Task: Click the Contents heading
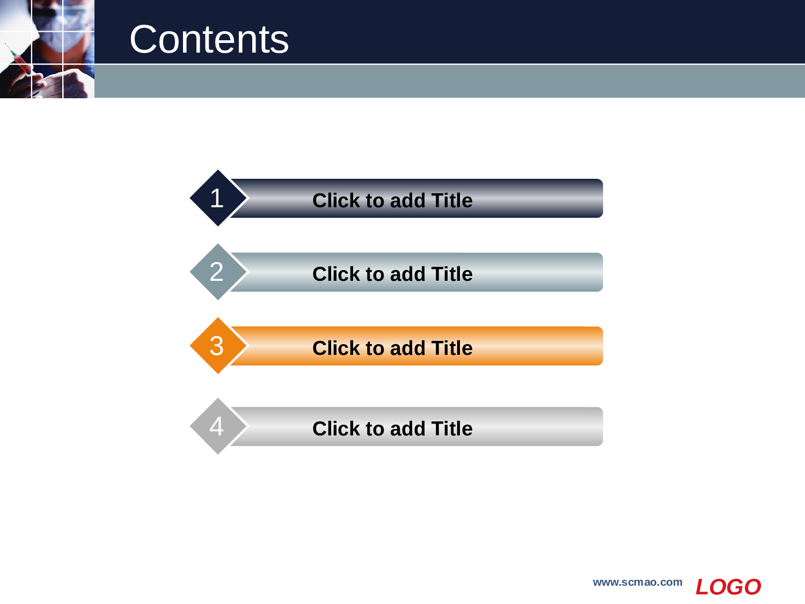[209, 39]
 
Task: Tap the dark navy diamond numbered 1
[218, 198]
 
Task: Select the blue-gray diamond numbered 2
[218, 272]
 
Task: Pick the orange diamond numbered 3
[218, 345]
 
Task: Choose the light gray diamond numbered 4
[218, 426]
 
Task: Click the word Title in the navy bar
[452, 201]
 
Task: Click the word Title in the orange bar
[452, 348]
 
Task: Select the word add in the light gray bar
[407, 428]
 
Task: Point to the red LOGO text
[728, 587]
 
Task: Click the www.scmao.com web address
[638, 583]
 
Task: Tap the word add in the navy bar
[407, 201]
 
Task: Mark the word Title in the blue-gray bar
[452, 274]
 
